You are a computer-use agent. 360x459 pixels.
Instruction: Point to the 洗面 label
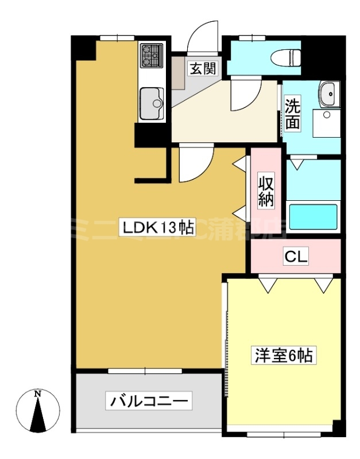click(293, 113)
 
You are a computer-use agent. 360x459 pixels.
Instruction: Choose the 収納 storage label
click(265, 192)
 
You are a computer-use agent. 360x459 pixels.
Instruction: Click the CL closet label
click(296, 257)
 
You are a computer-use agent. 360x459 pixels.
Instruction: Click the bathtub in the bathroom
click(313, 217)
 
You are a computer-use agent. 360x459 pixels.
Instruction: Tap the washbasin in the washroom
click(329, 93)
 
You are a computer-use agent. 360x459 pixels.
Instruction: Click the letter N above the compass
click(38, 394)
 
